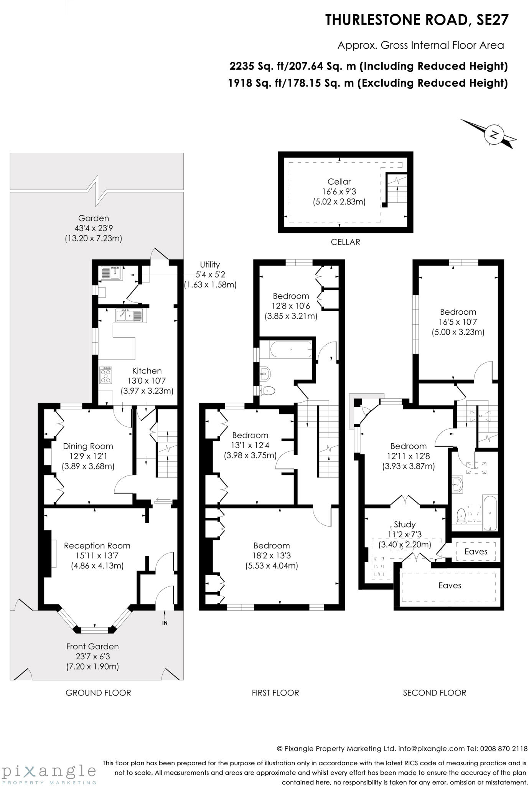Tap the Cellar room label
(339, 182)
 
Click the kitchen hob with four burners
(106, 375)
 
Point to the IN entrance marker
(165, 623)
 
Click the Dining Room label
(88, 446)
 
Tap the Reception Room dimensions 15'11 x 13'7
(97, 556)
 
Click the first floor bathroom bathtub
(291, 350)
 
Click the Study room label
(405, 524)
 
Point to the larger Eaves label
(450, 585)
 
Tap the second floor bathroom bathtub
(490, 513)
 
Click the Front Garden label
(92, 646)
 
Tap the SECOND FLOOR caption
(435, 693)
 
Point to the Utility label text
(210, 264)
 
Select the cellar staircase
(397, 190)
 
